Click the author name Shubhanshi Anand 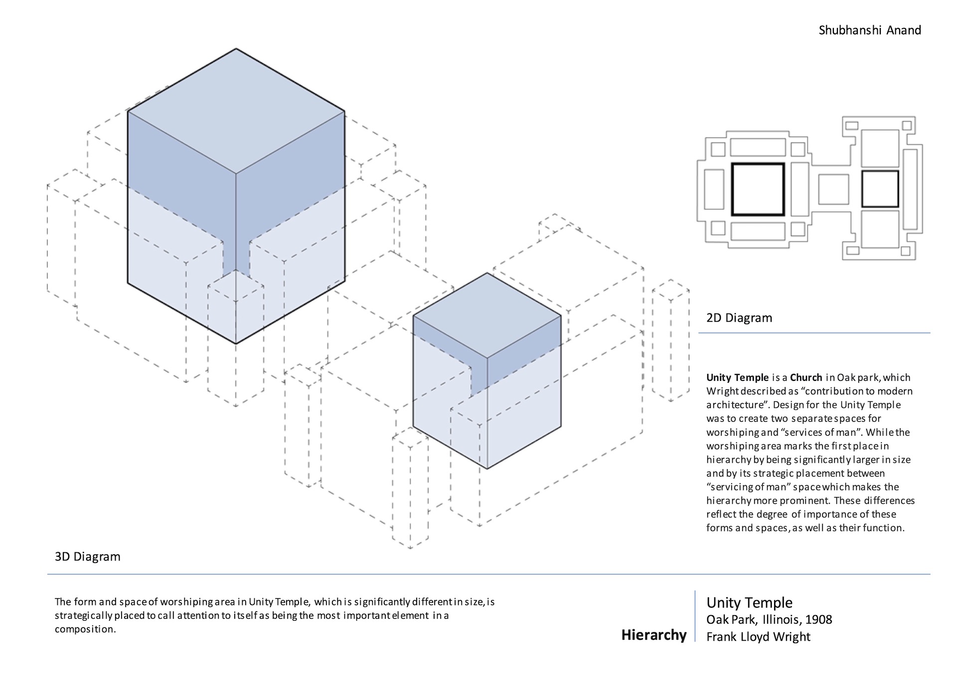click(869, 30)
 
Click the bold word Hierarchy click(653, 635)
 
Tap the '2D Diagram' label click(739, 318)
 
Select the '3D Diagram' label click(88, 556)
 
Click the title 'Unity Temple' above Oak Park click(749, 603)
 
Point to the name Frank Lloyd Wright click(758, 637)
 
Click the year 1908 click(818, 620)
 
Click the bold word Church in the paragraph click(806, 377)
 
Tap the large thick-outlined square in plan click(758, 189)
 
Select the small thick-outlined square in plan click(880, 189)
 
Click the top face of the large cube click(236, 111)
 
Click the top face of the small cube click(487, 315)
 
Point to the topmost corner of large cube click(236, 49)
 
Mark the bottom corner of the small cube click(487, 469)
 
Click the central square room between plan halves click(833, 189)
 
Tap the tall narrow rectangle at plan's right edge click(910, 189)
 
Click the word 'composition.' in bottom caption click(85, 629)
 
